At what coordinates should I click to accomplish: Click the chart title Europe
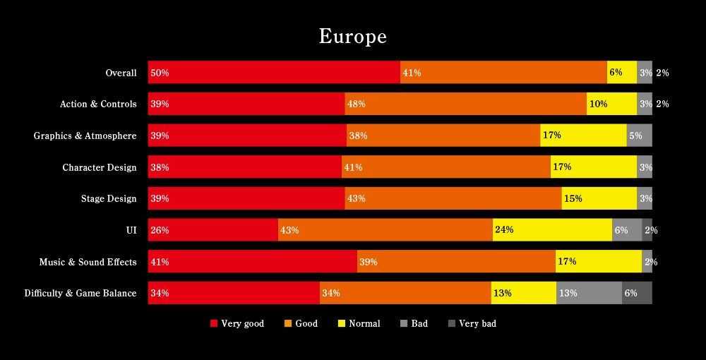click(x=353, y=36)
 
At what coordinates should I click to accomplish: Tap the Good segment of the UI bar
click(x=385, y=230)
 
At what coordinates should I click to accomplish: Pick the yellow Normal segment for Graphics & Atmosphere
click(x=583, y=136)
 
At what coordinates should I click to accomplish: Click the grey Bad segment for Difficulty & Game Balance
click(x=589, y=293)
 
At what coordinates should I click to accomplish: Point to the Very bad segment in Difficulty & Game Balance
click(x=637, y=293)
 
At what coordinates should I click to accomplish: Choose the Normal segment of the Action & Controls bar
click(x=611, y=104)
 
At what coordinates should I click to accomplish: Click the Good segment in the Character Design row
click(x=445, y=167)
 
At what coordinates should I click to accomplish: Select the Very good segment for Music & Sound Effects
click(x=252, y=262)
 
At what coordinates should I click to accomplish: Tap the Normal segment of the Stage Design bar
click(x=599, y=198)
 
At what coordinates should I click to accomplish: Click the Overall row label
click(x=121, y=73)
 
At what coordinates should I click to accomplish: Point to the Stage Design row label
click(x=109, y=198)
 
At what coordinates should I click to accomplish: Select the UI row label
click(x=131, y=230)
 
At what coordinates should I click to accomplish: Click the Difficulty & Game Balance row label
click(x=80, y=293)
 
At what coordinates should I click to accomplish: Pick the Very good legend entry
click(x=237, y=323)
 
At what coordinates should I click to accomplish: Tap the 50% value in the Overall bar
click(x=160, y=73)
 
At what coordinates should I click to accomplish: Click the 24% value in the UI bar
click(x=504, y=230)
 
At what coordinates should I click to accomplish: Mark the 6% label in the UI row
click(x=621, y=230)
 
